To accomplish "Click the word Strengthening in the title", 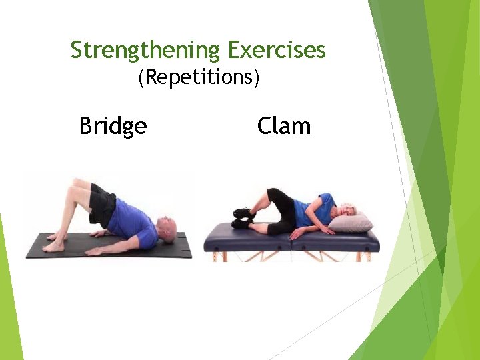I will pyautogui.click(x=145, y=50).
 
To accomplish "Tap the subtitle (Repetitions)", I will pyautogui.click(x=198, y=77).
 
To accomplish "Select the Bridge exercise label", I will pyautogui.click(x=113, y=125).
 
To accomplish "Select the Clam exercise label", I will pyautogui.click(x=283, y=125).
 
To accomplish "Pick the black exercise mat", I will pyautogui.click(x=107, y=248).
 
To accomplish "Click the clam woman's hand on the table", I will pyautogui.click(x=327, y=229).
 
